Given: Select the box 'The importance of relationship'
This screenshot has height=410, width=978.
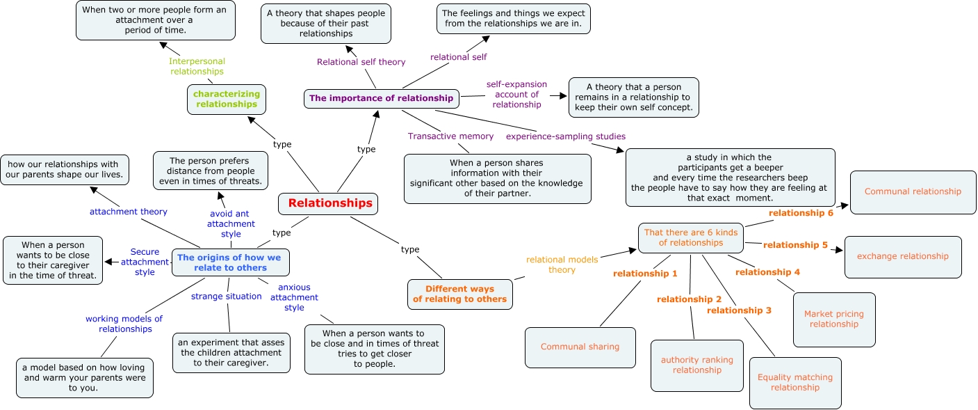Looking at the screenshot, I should (x=382, y=99).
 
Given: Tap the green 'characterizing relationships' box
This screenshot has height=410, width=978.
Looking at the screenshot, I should (x=227, y=99).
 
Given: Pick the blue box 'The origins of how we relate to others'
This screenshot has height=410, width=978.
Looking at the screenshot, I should (x=231, y=262).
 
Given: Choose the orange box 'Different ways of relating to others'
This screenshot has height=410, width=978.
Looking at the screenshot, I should (x=460, y=294).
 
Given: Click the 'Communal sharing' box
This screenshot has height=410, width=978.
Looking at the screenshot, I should (x=580, y=347).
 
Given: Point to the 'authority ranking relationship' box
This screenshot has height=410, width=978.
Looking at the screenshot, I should (x=696, y=365).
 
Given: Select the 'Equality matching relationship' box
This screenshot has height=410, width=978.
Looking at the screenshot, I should (x=794, y=382).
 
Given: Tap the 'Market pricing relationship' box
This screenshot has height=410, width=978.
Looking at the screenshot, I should (x=833, y=319).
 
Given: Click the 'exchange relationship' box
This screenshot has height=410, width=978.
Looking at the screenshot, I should (x=902, y=256).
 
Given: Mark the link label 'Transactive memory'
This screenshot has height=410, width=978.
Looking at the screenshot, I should (x=450, y=136).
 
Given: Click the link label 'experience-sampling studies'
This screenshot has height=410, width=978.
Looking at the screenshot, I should (x=565, y=136).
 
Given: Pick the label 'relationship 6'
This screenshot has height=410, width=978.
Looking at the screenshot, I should (x=800, y=213).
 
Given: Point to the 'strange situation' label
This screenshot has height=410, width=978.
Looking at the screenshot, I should (x=226, y=297).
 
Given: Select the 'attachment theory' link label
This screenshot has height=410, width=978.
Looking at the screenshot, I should (x=128, y=212).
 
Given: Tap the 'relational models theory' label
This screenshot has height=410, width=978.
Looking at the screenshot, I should (x=562, y=265).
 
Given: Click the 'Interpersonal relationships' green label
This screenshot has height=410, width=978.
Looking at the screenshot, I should (x=197, y=66).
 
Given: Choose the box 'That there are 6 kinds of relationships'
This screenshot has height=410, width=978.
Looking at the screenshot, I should (x=690, y=237).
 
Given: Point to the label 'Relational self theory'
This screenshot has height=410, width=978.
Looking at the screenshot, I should (x=361, y=62).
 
